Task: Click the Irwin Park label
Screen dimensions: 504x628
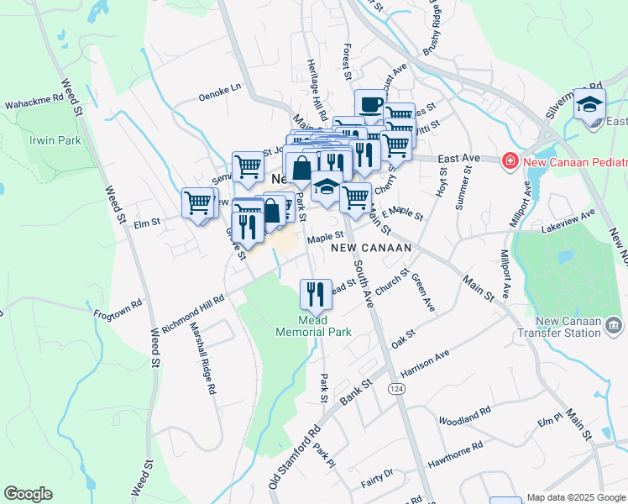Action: click(55, 140)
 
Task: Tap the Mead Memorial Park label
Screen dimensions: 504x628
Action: click(314, 325)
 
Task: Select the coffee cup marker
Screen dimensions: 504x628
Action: click(369, 105)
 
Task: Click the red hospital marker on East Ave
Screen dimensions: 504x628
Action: click(509, 160)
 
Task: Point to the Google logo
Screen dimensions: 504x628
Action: click(28, 494)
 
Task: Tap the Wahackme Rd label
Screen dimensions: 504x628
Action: click(34, 100)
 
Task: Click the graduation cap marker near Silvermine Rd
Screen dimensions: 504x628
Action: click(590, 105)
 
